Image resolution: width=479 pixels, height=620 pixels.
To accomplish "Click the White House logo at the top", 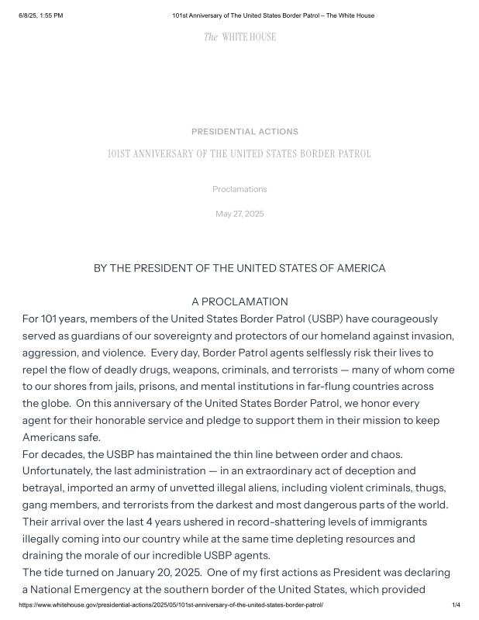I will pos(239,37).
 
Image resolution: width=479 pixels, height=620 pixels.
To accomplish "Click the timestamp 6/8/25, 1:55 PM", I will pos(41,15).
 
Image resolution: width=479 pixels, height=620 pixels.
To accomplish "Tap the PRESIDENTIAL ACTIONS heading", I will pos(244,132).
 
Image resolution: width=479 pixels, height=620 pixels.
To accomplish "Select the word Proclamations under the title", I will pos(239,189).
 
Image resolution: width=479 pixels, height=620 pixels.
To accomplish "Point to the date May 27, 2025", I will pos(239,214).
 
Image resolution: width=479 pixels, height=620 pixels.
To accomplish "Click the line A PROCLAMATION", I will pos(239,301).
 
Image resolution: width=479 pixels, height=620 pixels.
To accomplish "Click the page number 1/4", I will pos(456,604).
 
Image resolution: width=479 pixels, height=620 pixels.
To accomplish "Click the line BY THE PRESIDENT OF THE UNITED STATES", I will pos(239,268).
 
